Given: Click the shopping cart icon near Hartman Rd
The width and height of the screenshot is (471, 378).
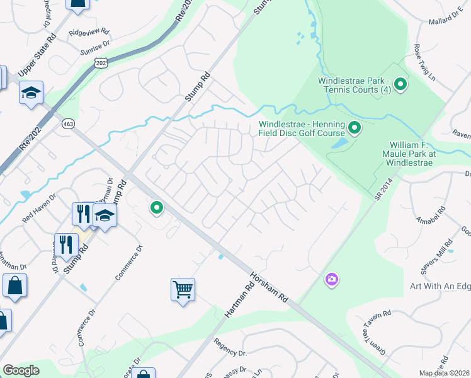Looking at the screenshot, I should click(183, 290).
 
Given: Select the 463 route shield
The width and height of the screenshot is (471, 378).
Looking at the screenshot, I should click(68, 124).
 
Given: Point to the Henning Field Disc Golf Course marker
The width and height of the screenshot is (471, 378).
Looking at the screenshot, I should click(355, 129).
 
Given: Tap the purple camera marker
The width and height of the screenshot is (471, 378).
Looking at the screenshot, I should click(332, 278).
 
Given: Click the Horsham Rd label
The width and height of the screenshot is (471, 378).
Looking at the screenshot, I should click(268, 286).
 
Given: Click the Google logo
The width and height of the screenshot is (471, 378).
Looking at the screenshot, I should click(21, 370).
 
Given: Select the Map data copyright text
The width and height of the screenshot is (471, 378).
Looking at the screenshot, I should click(445, 373).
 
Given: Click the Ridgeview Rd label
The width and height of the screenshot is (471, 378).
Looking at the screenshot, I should click(89, 31).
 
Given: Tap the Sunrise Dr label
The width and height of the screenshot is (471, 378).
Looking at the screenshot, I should click(94, 49).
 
